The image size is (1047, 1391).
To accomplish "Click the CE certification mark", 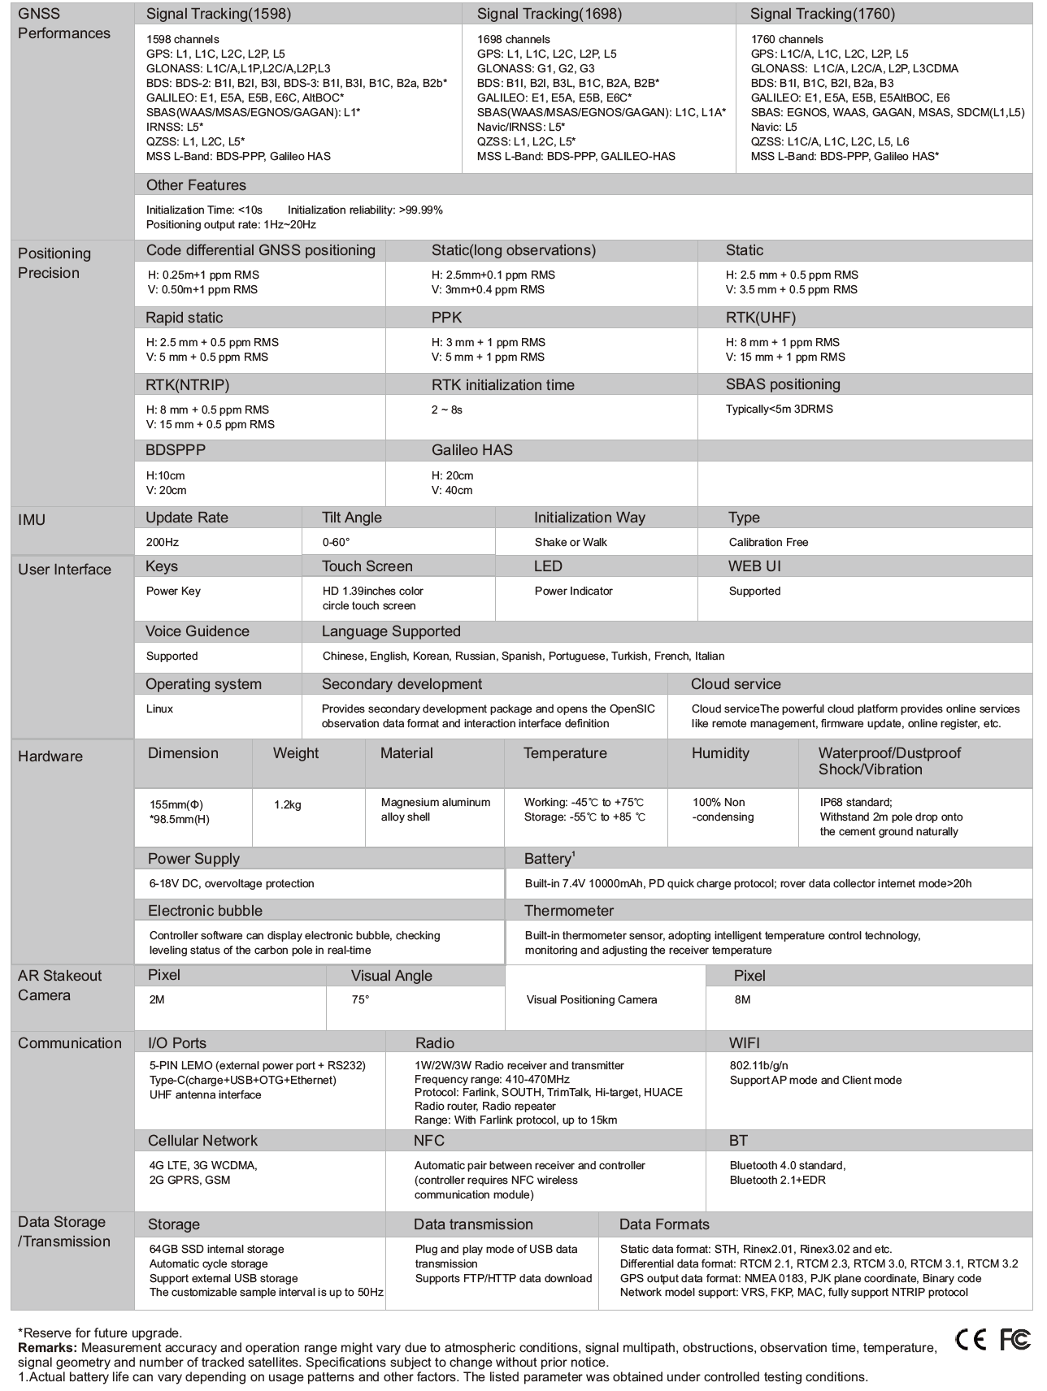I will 971,1340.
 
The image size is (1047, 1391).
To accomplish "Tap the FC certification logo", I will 1014,1340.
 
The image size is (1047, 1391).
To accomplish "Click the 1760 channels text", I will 787,39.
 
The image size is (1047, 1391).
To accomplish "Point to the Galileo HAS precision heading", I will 471,450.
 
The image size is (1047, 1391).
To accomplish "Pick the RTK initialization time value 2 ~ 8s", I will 446,409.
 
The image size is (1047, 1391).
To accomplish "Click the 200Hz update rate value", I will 162,542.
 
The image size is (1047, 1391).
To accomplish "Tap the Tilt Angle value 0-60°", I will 336,542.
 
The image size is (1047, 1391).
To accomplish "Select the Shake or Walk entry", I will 571,542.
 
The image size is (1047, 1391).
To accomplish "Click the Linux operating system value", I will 159,708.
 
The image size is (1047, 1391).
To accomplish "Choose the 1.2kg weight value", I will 288,804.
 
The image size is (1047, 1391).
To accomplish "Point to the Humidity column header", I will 720,753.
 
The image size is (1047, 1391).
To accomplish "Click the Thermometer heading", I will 569,911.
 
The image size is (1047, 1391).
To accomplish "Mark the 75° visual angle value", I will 360,1000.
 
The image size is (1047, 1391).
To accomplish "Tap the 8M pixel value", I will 742,1000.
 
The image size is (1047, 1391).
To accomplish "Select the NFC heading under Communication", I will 429,1141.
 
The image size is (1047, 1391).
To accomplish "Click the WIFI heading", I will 745,1043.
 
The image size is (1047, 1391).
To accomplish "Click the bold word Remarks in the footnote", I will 46,1348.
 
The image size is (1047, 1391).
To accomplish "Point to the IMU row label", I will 33,520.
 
